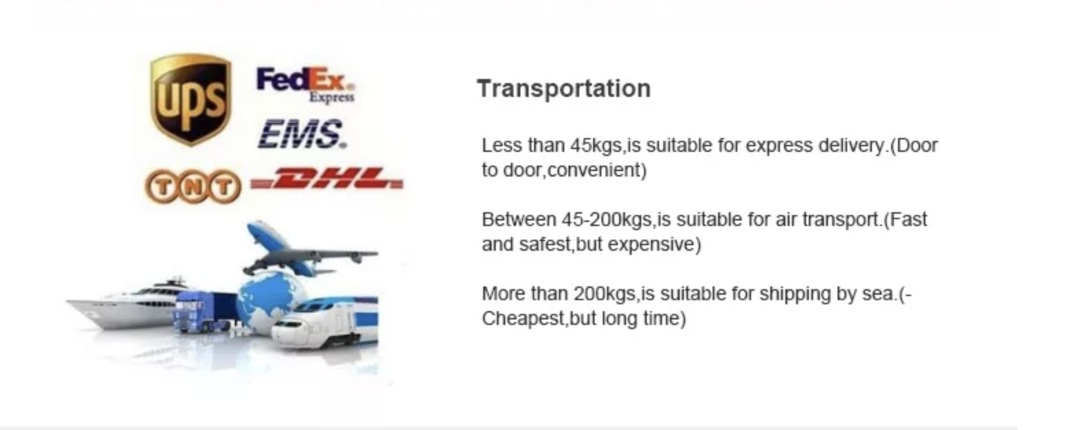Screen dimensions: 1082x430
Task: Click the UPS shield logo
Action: [x=191, y=99]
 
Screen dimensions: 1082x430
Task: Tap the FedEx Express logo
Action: [x=306, y=84]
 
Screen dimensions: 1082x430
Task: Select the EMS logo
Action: [x=302, y=134]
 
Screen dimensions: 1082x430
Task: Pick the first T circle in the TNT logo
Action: [x=164, y=186]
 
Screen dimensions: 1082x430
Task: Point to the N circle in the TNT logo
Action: [x=193, y=187]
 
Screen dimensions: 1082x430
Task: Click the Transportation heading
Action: [x=564, y=89]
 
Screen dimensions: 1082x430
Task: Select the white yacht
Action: [x=126, y=304]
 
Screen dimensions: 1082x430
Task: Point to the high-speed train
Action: [x=325, y=321]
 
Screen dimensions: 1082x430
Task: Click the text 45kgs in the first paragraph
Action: [x=596, y=146]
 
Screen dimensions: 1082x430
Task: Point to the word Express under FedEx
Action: [x=332, y=97]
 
